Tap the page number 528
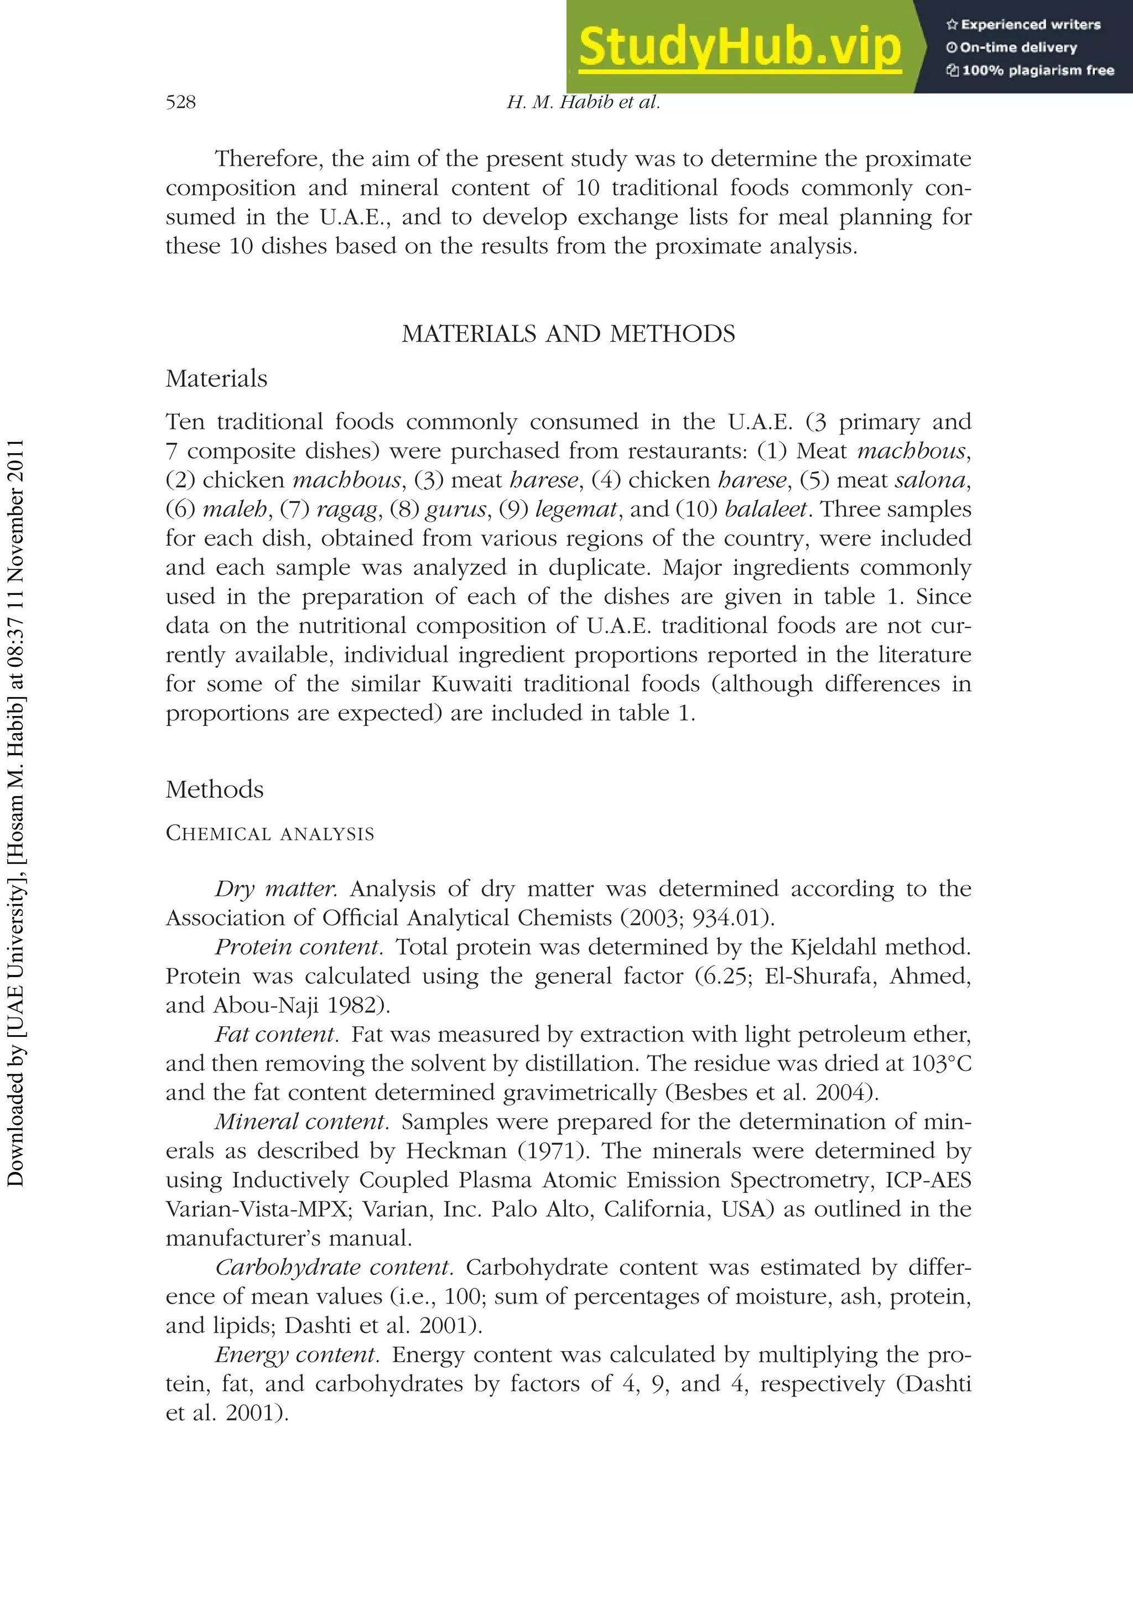click(x=180, y=102)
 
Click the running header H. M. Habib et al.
click(x=583, y=102)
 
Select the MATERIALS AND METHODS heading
click(x=568, y=334)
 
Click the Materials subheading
click(x=216, y=378)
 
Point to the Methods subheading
click(x=214, y=789)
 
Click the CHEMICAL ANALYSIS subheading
click(x=269, y=833)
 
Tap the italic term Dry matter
click(x=276, y=889)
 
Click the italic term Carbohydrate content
click(x=334, y=1267)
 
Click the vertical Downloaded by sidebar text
click(x=15, y=811)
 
